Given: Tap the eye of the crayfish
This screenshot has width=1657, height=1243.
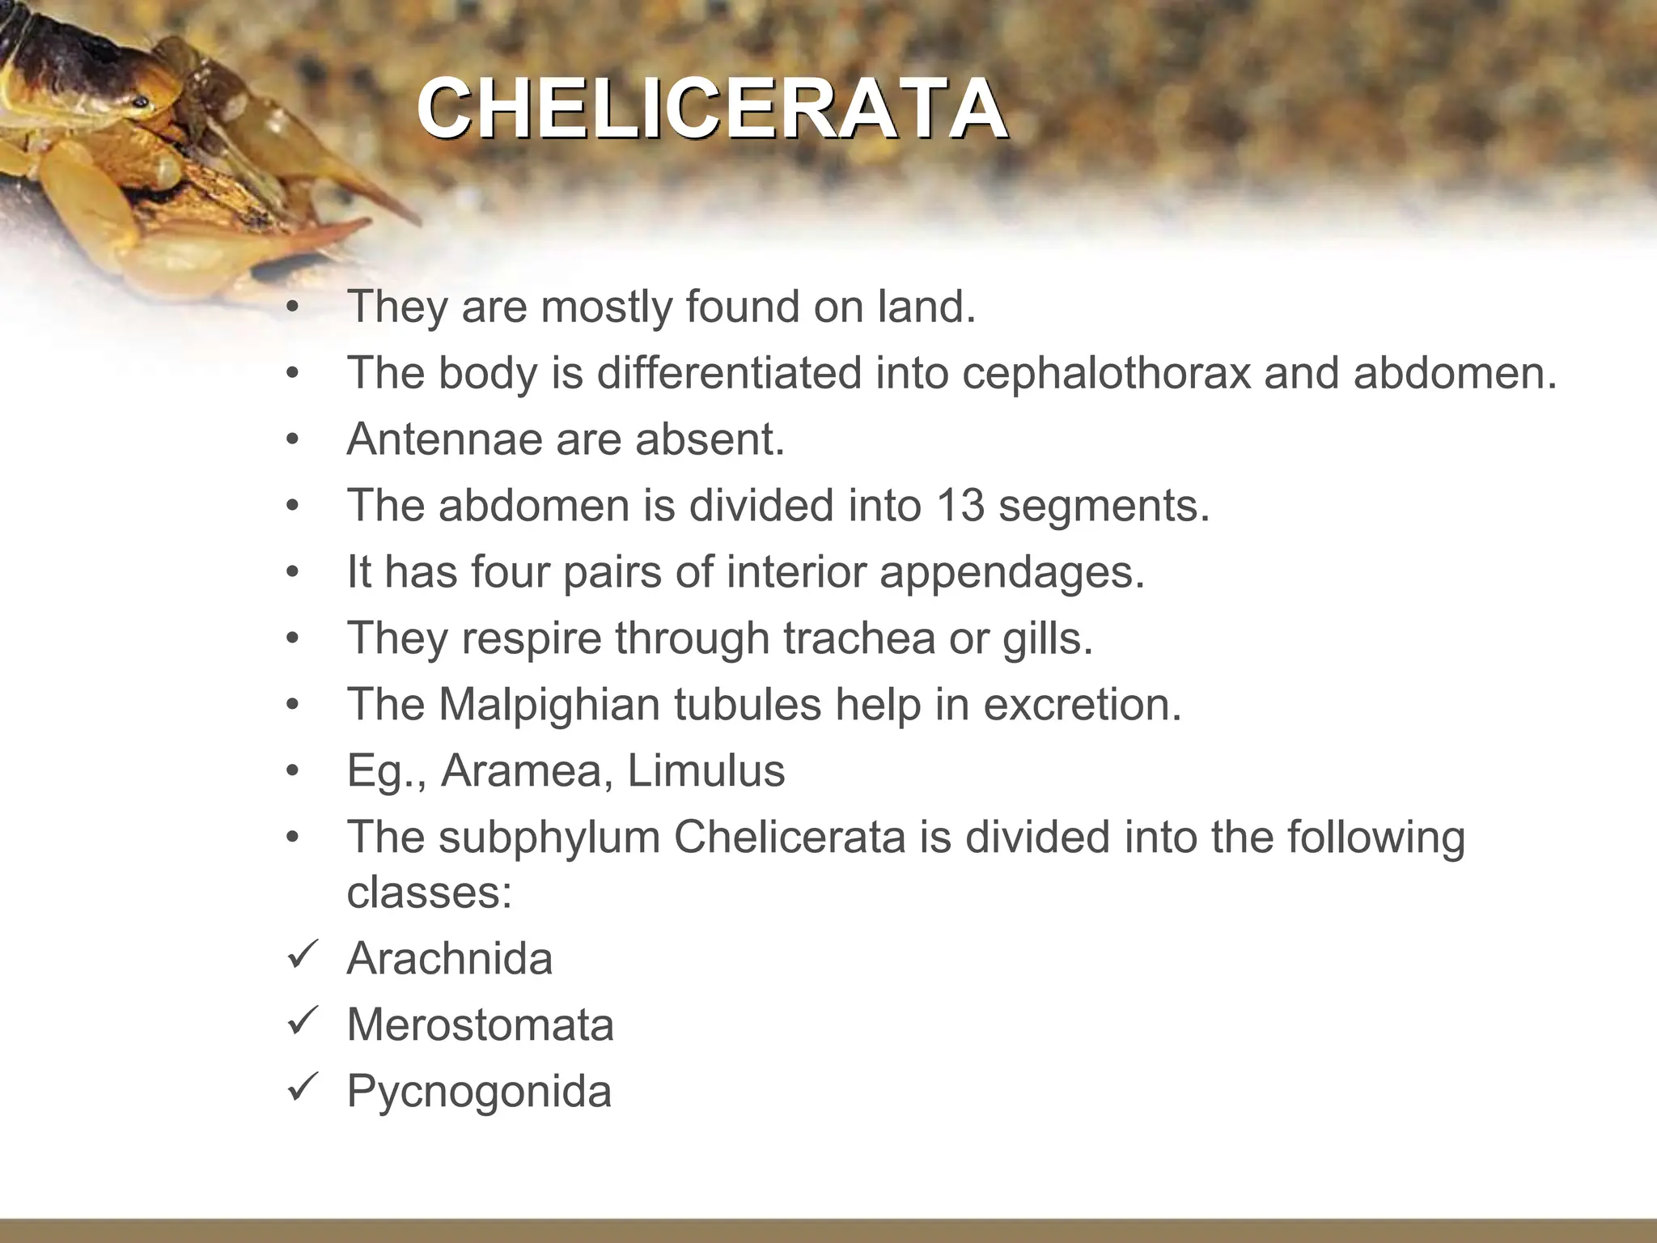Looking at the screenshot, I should click(x=141, y=103).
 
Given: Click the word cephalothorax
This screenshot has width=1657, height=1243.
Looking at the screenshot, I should click(x=1106, y=374).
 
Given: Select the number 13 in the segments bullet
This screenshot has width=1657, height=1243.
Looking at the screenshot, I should click(x=960, y=506).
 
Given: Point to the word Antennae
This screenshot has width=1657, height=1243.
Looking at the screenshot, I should click(x=444, y=440).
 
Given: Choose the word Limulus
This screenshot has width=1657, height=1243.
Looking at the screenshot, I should click(x=706, y=770).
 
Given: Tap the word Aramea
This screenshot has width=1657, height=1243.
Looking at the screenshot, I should click(x=521, y=770).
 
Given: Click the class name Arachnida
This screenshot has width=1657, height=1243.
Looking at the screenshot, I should click(x=449, y=959).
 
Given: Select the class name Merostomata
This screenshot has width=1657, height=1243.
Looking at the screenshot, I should click(x=480, y=1025).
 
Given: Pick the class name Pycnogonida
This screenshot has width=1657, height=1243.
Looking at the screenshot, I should click(x=479, y=1092).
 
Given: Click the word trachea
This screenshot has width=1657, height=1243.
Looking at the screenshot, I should click(x=855, y=638).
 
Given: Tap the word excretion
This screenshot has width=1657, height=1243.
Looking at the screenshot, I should click(x=1082, y=704).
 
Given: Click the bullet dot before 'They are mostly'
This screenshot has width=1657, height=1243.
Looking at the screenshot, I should click(x=292, y=308).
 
